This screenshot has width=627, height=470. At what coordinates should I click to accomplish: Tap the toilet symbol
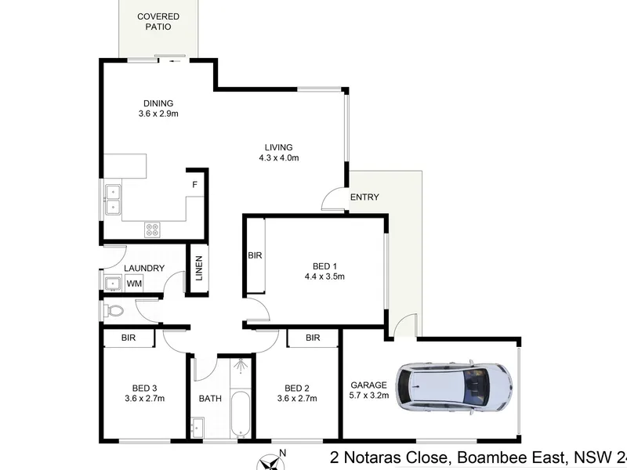pos(114,310)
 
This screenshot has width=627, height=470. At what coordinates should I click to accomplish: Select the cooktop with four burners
pos(152,230)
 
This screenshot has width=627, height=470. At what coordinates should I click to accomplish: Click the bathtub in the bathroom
pos(241,414)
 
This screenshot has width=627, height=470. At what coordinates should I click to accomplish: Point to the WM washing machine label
pos(134,284)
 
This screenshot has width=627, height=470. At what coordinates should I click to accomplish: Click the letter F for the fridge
pos(194,185)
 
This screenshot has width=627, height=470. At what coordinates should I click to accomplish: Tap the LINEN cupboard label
pos(199,268)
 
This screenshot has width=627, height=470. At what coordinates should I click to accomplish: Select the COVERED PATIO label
pos(158,22)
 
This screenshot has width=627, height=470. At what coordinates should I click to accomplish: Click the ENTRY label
pos(364,197)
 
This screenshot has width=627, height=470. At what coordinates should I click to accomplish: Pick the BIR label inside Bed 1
pos(255,255)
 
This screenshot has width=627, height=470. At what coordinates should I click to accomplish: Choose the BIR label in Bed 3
pos(129,338)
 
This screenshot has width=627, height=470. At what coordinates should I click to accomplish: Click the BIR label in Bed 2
pos(313,338)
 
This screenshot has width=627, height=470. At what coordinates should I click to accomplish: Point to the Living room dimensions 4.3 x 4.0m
pos(279,158)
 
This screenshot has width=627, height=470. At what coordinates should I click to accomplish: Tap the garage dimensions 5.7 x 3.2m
pos(368,396)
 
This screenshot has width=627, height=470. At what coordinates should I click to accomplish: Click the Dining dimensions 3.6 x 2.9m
pos(158,114)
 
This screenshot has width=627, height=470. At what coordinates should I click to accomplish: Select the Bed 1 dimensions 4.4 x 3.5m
pos(324,277)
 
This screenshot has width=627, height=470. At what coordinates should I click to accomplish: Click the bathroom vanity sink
pos(198,428)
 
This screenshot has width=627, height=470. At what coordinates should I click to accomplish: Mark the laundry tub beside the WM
pos(113,284)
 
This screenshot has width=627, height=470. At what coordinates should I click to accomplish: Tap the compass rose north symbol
pos(270,463)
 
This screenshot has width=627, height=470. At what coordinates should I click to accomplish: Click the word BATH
pos(210,399)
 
